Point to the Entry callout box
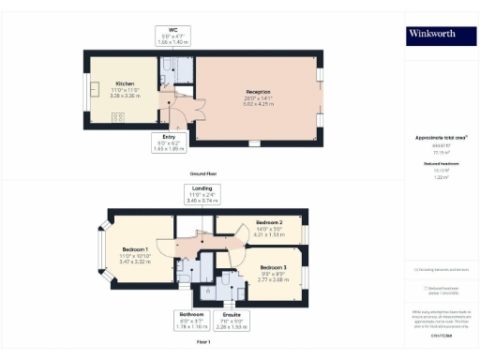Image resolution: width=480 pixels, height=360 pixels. point(170,142)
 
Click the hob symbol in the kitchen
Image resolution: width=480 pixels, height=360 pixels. point(119,117)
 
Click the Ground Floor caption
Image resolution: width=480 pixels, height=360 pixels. point(204,174)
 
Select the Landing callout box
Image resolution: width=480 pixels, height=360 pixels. point(202,194)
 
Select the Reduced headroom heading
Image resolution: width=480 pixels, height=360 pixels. point(441,163)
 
